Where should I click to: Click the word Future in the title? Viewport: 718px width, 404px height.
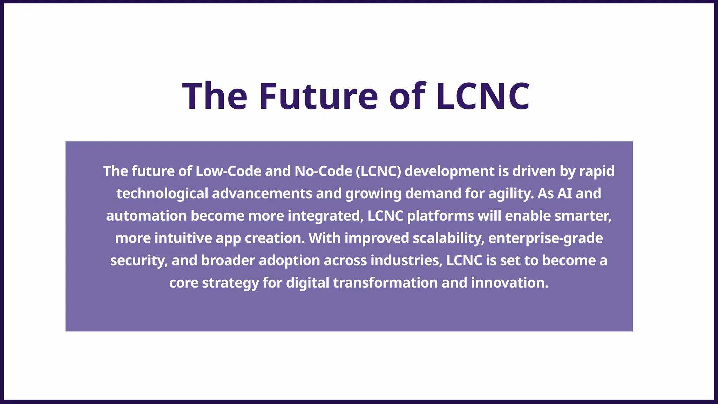click(x=318, y=96)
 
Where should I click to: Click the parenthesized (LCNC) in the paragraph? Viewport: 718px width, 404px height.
click(x=378, y=171)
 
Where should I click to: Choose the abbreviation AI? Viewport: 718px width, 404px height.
click(x=564, y=194)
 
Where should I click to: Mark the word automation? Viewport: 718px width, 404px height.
click(x=146, y=216)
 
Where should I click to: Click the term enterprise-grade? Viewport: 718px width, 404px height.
click(x=546, y=238)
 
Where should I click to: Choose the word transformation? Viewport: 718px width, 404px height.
click(x=385, y=283)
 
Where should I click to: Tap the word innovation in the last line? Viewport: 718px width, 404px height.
click(x=510, y=283)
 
